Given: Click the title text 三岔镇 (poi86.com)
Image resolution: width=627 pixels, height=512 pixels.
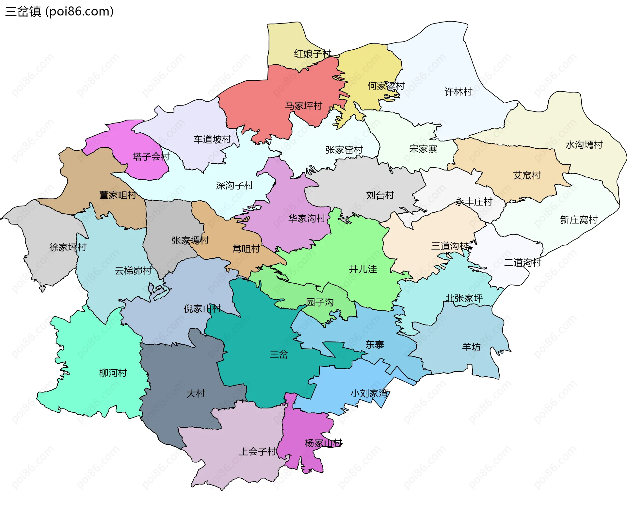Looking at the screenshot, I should pyautogui.click(x=59, y=11).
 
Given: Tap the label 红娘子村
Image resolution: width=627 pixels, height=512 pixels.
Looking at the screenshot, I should pyautogui.click(x=313, y=54).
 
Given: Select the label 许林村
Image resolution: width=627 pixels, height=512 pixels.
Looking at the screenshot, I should pyautogui.click(x=458, y=92).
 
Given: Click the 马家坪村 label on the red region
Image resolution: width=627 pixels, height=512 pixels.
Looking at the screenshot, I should pyautogui.click(x=303, y=106).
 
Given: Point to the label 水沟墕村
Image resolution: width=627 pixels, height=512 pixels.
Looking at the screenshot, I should pyautogui.click(x=584, y=145).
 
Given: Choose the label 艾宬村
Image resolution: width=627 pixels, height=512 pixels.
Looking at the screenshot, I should pyautogui.click(x=526, y=175).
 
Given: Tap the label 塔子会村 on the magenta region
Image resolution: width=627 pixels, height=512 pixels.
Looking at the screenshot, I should pyautogui.click(x=151, y=157).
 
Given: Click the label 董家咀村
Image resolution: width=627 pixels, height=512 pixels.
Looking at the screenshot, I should pyautogui.click(x=118, y=195).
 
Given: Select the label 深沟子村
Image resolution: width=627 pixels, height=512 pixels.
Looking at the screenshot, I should pyautogui.click(x=234, y=186).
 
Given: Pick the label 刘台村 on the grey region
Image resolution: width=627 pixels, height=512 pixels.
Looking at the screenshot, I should pyautogui.click(x=380, y=195).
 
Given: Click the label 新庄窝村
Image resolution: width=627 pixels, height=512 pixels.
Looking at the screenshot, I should pyautogui.click(x=578, y=220).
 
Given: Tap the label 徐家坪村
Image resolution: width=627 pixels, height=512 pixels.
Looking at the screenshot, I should pyautogui.click(x=68, y=247).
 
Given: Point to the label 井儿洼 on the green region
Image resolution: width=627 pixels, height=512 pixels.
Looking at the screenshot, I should pyautogui.click(x=362, y=269).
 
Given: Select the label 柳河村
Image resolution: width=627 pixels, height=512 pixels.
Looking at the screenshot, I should pyautogui.click(x=113, y=373).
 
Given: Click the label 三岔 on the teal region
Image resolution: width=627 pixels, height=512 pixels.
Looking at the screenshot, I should pyautogui.click(x=279, y=355).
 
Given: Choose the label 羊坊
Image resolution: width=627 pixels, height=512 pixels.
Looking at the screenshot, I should pyautogui.click(x=471, y=347).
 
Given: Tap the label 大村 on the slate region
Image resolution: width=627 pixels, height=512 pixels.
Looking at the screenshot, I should pyautogui.click(x=195, y=393).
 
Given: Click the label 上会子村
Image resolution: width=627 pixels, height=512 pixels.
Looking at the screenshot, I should pyautogui.click(x=258, y=452).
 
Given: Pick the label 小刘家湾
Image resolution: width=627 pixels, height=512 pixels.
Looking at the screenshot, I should pyautogui.click(x=369, y=393).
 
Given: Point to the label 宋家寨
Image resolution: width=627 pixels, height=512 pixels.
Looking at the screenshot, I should pyautogui.click(x=423, y=149).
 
